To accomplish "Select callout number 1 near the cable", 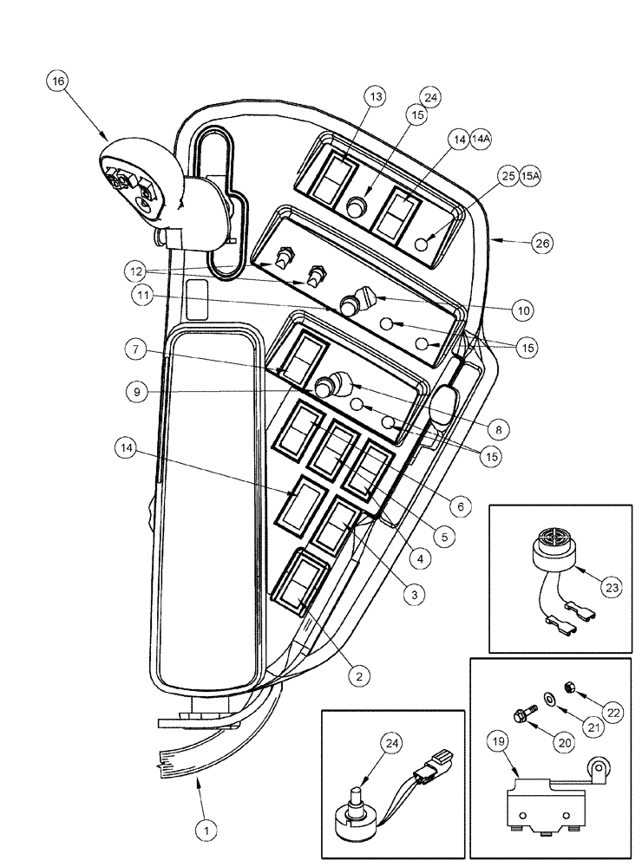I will (206, 831).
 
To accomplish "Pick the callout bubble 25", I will (508, 177).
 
